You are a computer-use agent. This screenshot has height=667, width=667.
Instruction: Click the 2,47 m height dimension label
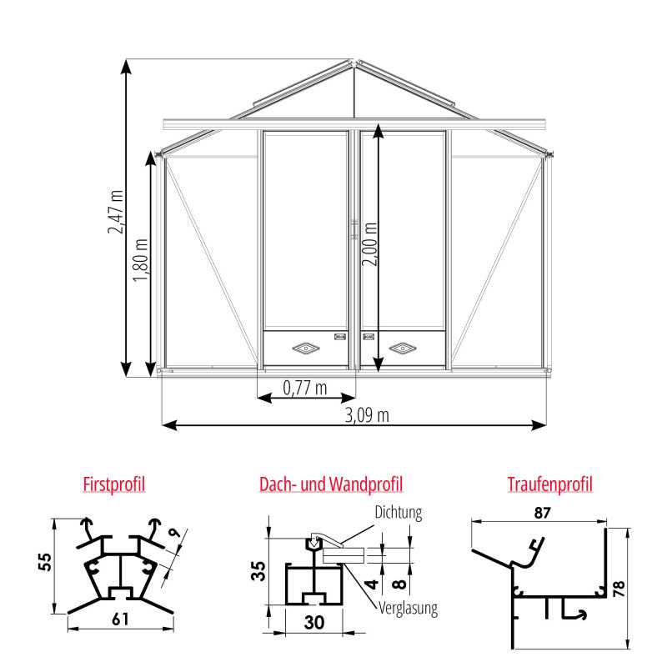117,212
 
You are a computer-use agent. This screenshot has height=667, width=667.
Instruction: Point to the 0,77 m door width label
305,387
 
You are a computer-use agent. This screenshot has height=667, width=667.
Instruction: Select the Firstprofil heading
115,484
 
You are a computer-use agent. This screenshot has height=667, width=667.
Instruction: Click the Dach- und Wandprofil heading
331,484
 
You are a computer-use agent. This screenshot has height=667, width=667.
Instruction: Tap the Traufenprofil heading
549,484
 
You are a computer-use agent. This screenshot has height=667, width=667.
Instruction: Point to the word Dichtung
399,512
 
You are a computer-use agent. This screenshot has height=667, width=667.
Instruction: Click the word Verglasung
409,609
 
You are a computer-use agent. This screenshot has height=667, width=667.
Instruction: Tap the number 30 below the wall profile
313,621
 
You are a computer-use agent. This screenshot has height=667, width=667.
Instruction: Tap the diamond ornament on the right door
403,346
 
